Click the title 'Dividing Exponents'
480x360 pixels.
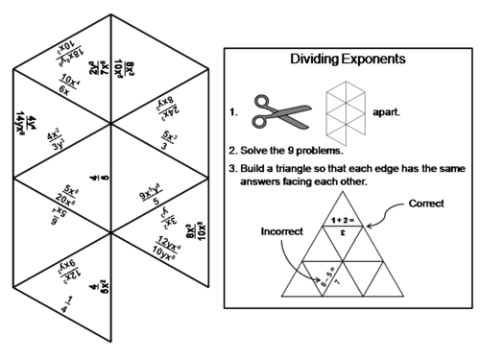tap(348, 60)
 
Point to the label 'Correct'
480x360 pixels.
tap(425, 204)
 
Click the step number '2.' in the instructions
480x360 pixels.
tap(233, 151)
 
